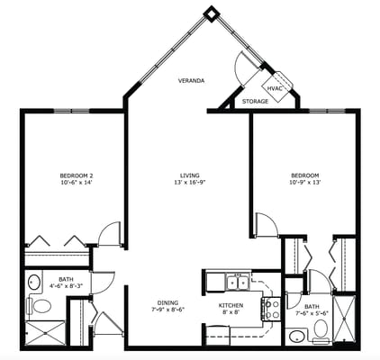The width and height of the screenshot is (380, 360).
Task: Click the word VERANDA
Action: coord(190,81)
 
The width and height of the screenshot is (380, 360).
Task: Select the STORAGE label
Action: coord(255,102)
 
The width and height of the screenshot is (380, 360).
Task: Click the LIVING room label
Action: coord(189,175)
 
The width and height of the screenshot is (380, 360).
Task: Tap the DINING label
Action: coord(167,301)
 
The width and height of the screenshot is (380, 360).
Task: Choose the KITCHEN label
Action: coord(231,305)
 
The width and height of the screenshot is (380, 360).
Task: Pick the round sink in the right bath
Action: coord(296,337)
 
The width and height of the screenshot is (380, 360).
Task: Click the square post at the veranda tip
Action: coord(211,13)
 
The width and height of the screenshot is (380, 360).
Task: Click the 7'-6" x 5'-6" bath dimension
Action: coord(312,314)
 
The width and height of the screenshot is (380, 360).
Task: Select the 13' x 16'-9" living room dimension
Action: coord(189,183)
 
